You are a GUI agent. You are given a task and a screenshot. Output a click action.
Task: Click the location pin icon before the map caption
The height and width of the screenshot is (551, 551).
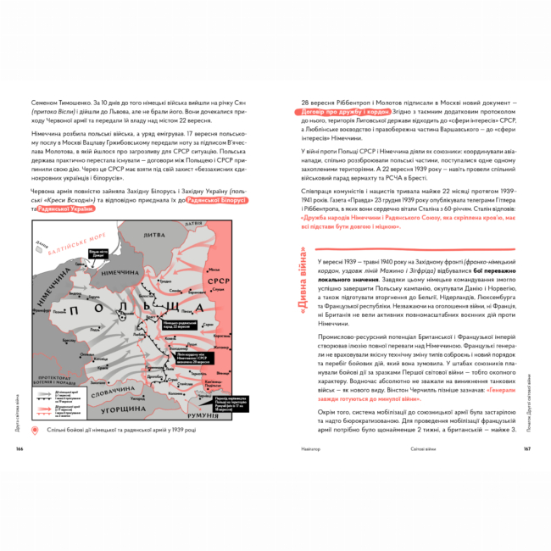34,431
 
